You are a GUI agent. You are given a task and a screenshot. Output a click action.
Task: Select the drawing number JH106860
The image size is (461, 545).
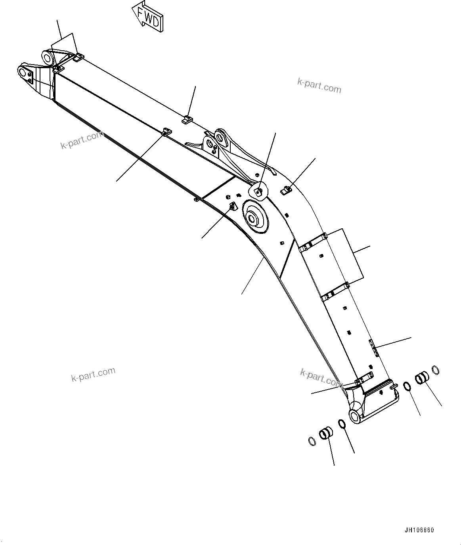tap(419, 530)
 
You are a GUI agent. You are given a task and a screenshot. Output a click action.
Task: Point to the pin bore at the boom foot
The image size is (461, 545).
tap(355, 415)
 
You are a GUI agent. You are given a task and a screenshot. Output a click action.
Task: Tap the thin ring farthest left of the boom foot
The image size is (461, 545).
tap(312, 441)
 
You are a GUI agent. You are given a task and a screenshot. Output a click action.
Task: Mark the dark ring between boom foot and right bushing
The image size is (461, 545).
tap(407, 386)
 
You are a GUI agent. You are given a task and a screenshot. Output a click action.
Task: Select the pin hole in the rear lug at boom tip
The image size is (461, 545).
tap(48, 58)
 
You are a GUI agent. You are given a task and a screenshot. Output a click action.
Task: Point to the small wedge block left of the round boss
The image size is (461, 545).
tap(233, 207)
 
